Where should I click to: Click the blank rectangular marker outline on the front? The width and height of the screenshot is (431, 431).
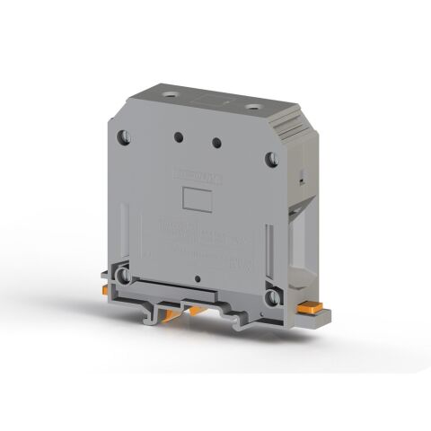[x=195, y=199]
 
